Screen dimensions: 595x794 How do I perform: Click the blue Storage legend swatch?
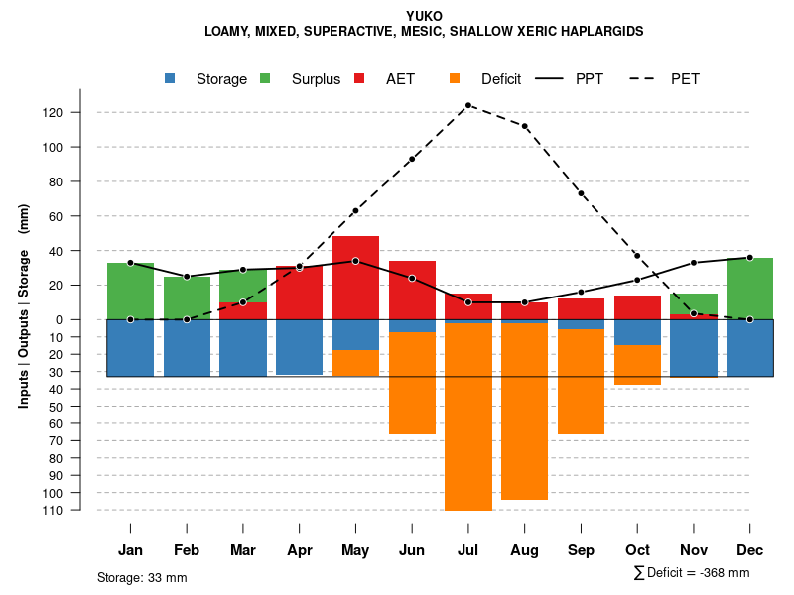click(171, 79)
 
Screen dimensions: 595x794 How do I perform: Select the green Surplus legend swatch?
click(266, 79)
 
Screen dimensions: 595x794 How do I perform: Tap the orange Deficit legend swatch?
click(456, 79)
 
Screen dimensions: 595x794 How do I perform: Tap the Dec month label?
click(750, 550)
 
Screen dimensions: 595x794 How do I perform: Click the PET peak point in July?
click(467, 105)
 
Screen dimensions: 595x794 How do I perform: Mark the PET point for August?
click(524, 126)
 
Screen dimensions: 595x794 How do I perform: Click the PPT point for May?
click(355, 261)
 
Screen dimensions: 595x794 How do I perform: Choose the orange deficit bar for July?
click(467, 416)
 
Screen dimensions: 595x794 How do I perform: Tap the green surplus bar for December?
click(750, 289)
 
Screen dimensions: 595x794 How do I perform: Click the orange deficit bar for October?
click(637, 364)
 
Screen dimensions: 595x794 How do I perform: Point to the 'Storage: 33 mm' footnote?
click(142, 577)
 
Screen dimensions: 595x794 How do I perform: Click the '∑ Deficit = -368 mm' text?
click(691, 573)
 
